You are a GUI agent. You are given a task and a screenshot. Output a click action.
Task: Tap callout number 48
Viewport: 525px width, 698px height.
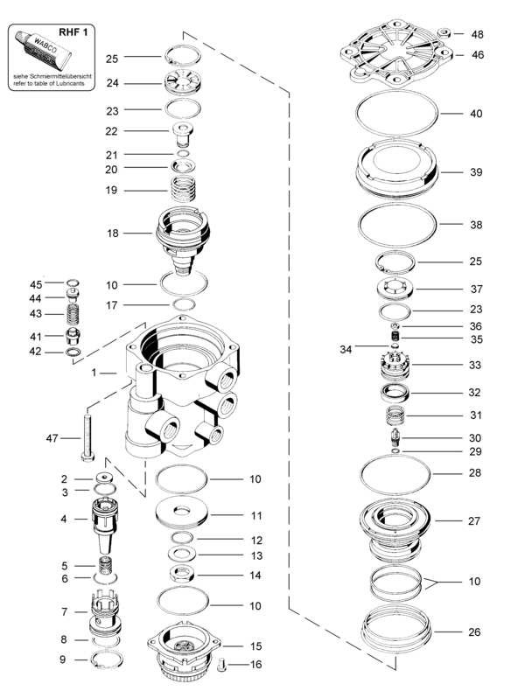476,35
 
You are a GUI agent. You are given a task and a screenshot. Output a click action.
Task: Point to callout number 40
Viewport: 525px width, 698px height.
476,114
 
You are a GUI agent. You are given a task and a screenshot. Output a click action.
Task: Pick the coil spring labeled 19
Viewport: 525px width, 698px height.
183,188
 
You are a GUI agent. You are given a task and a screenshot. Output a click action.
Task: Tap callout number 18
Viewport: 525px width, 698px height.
112,234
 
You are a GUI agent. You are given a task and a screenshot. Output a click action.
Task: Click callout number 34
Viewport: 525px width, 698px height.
346,349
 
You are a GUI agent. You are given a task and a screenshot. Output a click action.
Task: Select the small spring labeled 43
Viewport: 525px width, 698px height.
74,312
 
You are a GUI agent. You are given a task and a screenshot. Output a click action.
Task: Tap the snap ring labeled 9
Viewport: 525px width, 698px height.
108,659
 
